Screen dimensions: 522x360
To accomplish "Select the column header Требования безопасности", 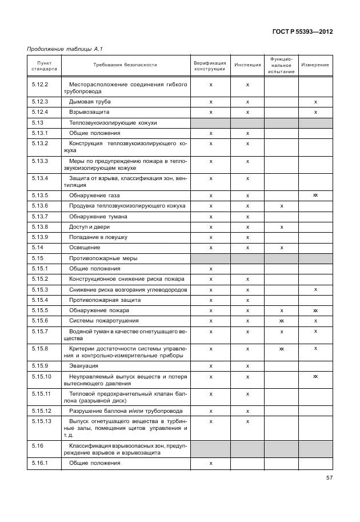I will click(x=125, y=65).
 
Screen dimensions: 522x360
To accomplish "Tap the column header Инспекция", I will click(x=247, y=65).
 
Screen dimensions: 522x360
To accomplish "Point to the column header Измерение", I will click(x=315, y=65).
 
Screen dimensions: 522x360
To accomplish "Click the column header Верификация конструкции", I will click(x=210, y=65).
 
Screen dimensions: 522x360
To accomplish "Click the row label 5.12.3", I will click(x=39, y=101).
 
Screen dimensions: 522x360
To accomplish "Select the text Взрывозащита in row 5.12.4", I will click(x=89, y=111).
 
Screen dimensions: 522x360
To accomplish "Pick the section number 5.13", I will click(x=38, y=122).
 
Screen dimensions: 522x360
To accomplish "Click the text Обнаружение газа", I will click(x=94, y=195).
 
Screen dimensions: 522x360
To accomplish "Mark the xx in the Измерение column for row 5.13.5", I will click(x=315, y=195).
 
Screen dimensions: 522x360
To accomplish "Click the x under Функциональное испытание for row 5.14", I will click(x=281, y=248).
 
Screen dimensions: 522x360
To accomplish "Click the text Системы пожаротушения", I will click(x=103, y=320).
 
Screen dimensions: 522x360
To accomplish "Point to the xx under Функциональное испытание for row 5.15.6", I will click(x=281, y=320).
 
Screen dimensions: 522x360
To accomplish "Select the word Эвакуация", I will click(x=84, y=365).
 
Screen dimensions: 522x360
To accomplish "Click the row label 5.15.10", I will click(x=41, y=376).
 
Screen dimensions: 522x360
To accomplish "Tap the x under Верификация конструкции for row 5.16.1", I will click(x=211, y=463).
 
